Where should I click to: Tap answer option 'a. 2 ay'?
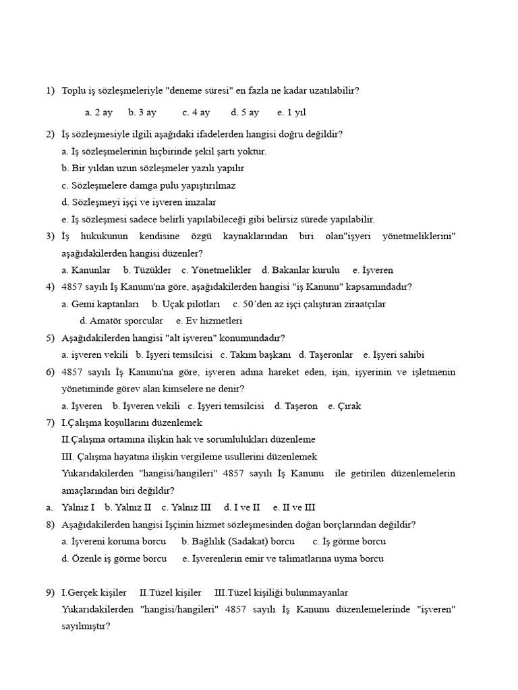tap(99, 113)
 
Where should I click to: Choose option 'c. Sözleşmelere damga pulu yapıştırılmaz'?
tap(148, 185)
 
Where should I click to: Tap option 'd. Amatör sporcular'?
tap(121, 321)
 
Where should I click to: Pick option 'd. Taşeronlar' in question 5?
tap(326, 355)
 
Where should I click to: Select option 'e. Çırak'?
tap(345, 406)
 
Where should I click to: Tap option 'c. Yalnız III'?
tap(186, 507)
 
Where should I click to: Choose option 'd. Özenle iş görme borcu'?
tap(114, 559)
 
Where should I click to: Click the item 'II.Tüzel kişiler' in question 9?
tap(170, 593)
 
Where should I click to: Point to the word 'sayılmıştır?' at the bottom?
tap(86, 627)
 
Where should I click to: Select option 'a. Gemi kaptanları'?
tap(100, 304)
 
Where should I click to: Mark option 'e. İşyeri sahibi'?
tap(394, 355)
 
